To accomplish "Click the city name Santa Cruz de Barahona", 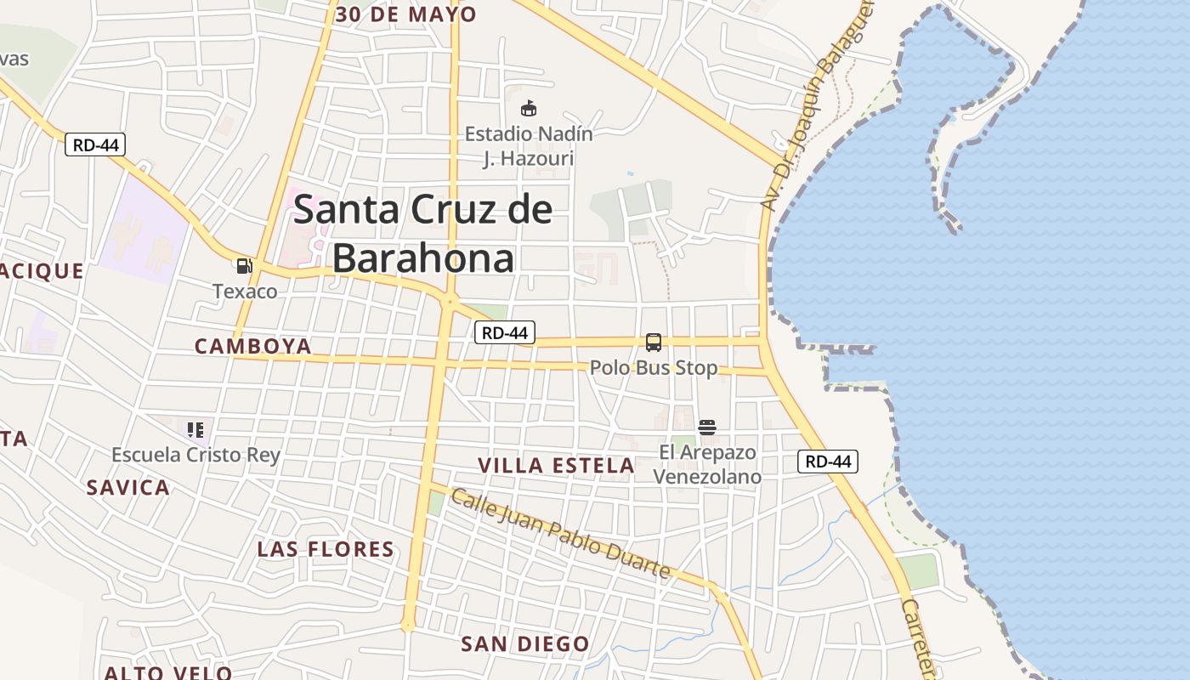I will [x=423, y=234].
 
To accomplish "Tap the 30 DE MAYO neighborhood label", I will [x=406, y=14].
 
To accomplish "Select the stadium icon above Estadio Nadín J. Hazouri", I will [x=529, y=109].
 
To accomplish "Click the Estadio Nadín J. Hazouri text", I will [x=529, y=146].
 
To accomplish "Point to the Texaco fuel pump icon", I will [x=245, y=266].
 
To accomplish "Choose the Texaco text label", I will [x=245, y=292].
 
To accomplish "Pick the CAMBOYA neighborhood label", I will [x=253, y=347].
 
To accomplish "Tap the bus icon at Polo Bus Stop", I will [x=654, y=343].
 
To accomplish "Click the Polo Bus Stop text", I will [x=654, y=368].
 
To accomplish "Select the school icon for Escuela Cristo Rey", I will [x=195, y=429].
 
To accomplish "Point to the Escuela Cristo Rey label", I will [x=195, y=455].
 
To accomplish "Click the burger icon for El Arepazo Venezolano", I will [x=707, y=427].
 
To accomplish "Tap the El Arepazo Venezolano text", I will [x=707, y=464].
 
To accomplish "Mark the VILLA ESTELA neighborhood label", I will [x=557, y=466].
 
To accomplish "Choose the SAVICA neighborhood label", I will [x=128, y=488].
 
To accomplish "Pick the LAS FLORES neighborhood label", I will [x=326, y=549].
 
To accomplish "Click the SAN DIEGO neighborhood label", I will [x=525, y=644].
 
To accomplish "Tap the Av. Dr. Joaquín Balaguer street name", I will [x=817, y=106].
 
